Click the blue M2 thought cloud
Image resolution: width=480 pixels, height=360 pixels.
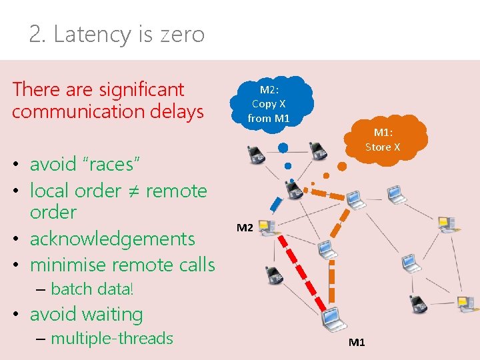pyautogui.click(x=269, y=104)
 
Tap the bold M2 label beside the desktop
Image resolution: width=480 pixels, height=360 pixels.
pyautogui.click(x=245, y=228)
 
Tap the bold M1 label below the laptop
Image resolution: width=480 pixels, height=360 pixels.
pyautogui.click(x=357, y=343)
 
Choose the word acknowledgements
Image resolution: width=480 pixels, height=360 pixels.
pyautogui.click(x=113, y=239)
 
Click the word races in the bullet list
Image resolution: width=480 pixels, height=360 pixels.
pyautogui.click(x=99, y=164)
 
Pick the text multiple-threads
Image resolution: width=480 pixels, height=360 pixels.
pyautogui.click(x=112, y=339)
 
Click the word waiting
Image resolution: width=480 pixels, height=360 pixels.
pyautogui.click(x=111, y=314)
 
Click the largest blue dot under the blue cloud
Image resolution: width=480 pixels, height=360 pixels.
pyautogui.click(x=283, y=147)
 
